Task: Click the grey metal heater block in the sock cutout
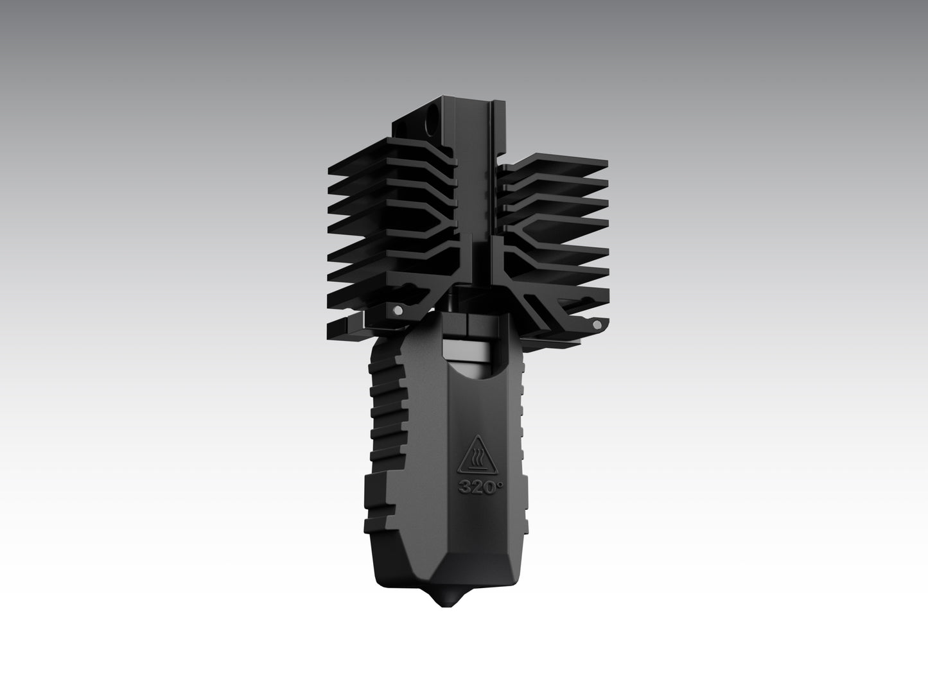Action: point(468,351)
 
